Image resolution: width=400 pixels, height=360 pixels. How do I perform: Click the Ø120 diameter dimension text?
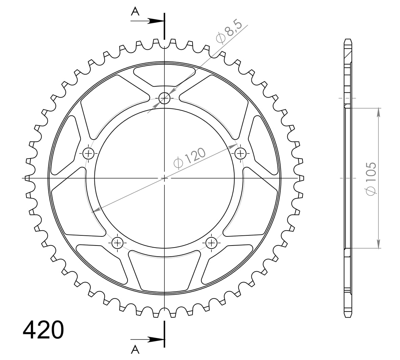tap(190, 158)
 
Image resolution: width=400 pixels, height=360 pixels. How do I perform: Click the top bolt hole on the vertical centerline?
tap(164, 99)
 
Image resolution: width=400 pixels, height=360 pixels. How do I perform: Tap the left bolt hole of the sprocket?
tap(89, 154)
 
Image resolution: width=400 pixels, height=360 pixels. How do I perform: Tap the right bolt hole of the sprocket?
tap(240, 154)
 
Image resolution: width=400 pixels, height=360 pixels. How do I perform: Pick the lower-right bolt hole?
tap(212, 242)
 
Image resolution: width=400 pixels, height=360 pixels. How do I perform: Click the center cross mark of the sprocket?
tap(164, 178)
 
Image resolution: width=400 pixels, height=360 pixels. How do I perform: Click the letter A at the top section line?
tap(135, 12)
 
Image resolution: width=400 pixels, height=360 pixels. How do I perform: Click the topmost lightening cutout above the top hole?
tap(164, 74)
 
